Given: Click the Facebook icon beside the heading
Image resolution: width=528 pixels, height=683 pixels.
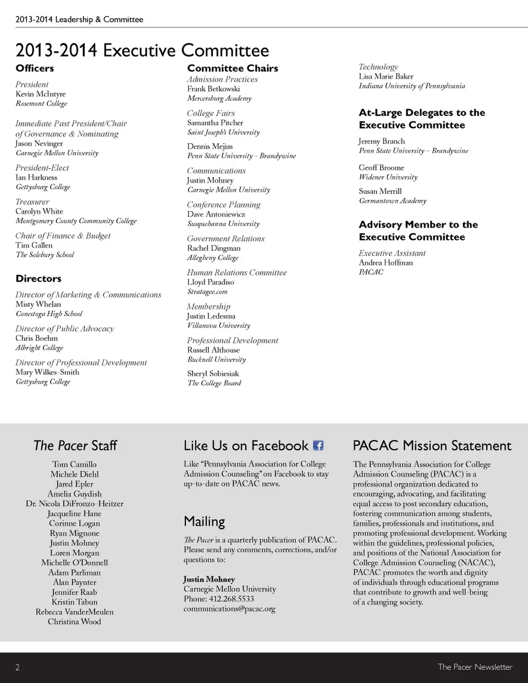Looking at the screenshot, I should tap(318, 445).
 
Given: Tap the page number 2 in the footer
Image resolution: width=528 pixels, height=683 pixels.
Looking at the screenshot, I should tap(18, 667).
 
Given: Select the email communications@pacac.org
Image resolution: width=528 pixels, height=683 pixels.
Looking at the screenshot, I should tap(229, 609).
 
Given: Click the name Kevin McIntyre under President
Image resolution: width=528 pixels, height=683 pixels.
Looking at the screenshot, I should tap(40, 94).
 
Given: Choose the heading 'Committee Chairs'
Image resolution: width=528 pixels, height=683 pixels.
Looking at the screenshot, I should tap(232, 68).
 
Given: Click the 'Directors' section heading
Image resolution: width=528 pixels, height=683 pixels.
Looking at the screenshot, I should tap(38, 279).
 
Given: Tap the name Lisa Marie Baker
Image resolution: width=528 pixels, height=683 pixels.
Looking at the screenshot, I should tap(386, 76).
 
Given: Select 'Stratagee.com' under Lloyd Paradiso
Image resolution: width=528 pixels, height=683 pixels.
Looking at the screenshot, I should tap(207, 292).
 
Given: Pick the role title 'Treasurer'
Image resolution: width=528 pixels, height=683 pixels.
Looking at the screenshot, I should tap(32, 202).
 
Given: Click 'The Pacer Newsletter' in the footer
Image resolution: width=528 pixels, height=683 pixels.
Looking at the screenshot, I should tap(475, 667).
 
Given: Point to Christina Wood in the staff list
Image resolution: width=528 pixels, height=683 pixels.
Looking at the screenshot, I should tap(74, 621).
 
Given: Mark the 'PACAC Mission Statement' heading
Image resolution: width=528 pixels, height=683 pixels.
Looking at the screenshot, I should tap(432, 445).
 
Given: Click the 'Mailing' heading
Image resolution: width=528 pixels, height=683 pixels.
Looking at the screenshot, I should tap(204, 521).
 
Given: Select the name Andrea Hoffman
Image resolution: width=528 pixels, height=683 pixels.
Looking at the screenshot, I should tap(386, 263).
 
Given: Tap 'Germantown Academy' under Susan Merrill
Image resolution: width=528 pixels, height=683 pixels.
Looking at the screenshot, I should tap(392, 201).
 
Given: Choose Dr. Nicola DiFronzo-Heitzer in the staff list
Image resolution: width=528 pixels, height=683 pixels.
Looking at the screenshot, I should tap(74, 504).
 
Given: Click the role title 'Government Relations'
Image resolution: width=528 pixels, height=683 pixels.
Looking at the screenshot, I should tap(226, 239).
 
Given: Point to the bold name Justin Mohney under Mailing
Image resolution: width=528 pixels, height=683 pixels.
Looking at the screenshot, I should tap(209, 579).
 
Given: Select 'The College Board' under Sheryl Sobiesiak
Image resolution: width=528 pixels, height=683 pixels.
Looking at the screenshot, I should tap(214, 383).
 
